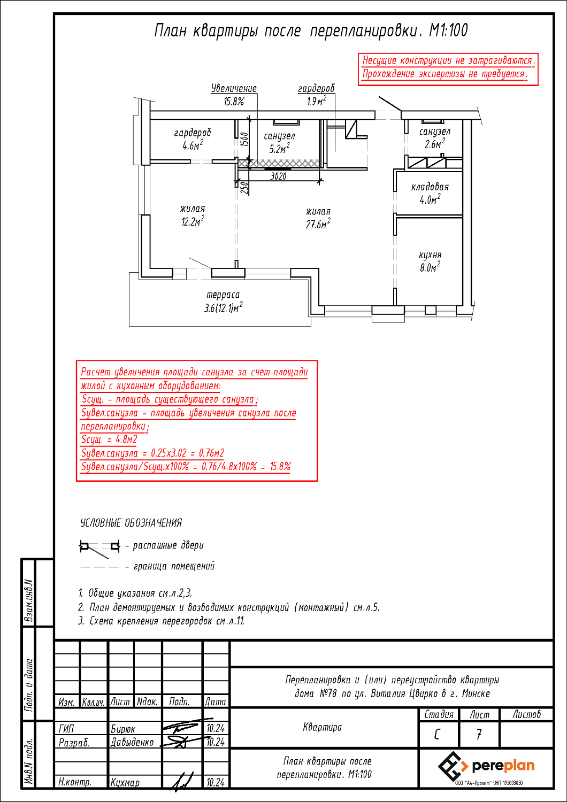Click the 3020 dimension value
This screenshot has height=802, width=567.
[x=278, y=176]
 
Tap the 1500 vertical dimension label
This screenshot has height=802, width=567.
[x=244, y=140]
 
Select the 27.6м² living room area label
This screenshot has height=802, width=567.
[x=318, y=219]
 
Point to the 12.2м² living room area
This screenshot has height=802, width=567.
[x=193, y=215]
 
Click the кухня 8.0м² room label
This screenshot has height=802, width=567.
[x=430, y=261]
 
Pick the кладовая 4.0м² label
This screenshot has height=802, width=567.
[x=430, y=194]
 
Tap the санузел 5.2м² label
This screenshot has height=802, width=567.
[x=279, y=143]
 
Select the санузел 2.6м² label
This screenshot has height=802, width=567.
[x=434, y=138]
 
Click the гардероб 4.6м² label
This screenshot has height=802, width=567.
[x=193, y=139]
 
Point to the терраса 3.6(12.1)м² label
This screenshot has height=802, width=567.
[x=223, y=302]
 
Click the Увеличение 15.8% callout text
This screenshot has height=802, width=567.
[x=234, y=95]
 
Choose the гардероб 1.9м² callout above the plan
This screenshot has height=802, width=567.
[x=316, y=95]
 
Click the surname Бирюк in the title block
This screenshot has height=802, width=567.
[x=123, y=729]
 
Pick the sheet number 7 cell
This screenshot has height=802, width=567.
[x=479, y=734]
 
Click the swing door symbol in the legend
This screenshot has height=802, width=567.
[x=100, y=546]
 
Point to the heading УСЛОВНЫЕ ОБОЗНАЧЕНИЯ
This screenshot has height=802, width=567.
[x=131, y=523]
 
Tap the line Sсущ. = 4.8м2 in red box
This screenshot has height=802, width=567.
[x=109, y=439]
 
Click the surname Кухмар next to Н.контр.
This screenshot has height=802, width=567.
[x=125, y=782]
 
